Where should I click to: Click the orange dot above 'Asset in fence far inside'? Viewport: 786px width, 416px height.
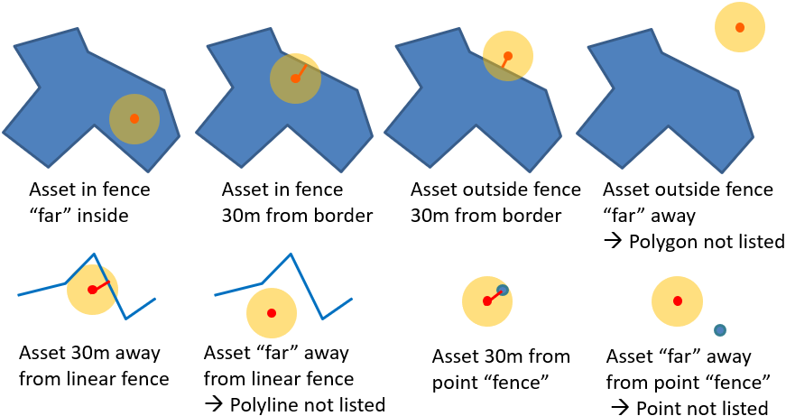click(134, 118)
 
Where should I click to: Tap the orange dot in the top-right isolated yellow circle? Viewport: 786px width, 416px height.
click(740, 27)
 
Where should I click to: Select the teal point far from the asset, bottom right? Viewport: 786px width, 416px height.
click(720, 330)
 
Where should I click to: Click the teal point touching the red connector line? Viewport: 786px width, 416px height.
click(503, 290)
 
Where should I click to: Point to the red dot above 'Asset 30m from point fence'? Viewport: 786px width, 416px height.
click(486, 301)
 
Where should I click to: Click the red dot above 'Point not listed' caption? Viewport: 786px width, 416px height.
click(677, 300)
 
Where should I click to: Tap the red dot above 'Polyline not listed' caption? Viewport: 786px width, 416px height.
click(272, 312)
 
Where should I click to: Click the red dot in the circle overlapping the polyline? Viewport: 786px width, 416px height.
click(92, 290)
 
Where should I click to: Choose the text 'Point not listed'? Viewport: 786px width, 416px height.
click(702, 407)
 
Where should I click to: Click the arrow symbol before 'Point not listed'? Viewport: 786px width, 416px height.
click(620, 407)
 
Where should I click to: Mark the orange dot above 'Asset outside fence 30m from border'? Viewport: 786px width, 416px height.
click(508, 56)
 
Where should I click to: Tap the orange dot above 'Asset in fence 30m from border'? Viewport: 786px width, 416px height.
click(295, 79)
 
